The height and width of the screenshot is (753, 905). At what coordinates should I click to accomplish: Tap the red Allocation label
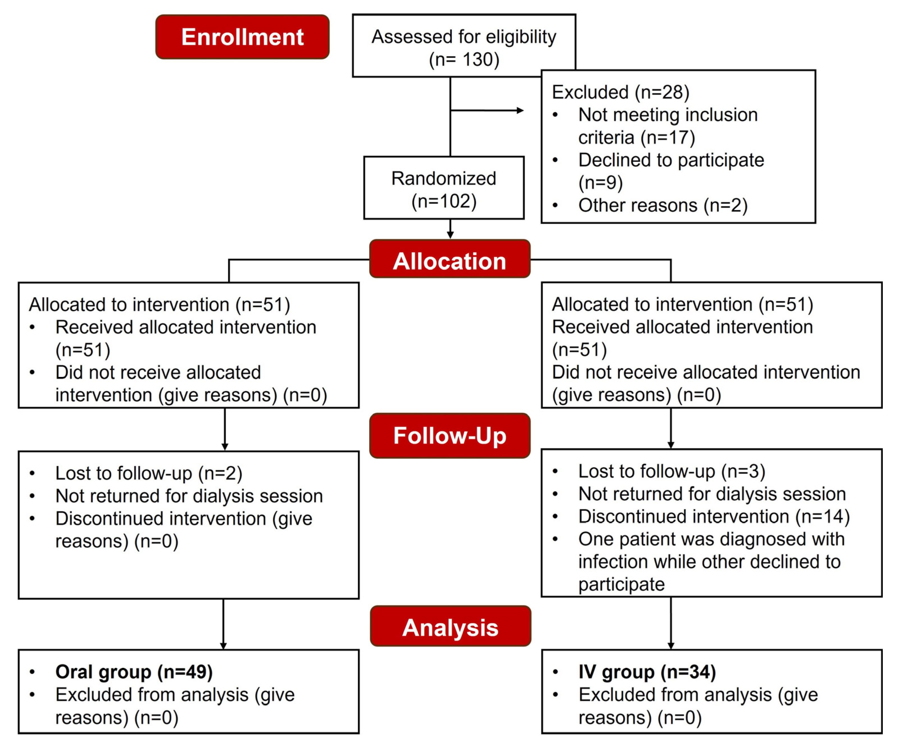coord(450,261)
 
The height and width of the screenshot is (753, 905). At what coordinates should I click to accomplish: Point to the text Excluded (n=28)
coord(620,92)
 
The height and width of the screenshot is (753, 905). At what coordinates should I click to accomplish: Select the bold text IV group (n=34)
coord(647,672)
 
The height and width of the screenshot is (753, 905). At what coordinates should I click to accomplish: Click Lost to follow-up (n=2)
coord(149,473)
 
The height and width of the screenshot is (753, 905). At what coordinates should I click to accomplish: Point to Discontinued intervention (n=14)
coord(714,517)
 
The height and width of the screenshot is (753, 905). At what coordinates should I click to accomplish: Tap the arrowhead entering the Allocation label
coord(450,235)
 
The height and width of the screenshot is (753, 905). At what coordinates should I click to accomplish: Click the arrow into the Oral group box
coord(223,646)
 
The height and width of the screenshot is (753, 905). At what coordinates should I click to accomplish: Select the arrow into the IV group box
coord(671,646)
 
